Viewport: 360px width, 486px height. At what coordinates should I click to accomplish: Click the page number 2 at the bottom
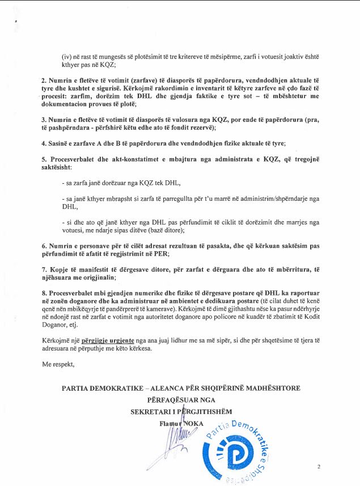319,467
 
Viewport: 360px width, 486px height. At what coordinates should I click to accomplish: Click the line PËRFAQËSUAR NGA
180,399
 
